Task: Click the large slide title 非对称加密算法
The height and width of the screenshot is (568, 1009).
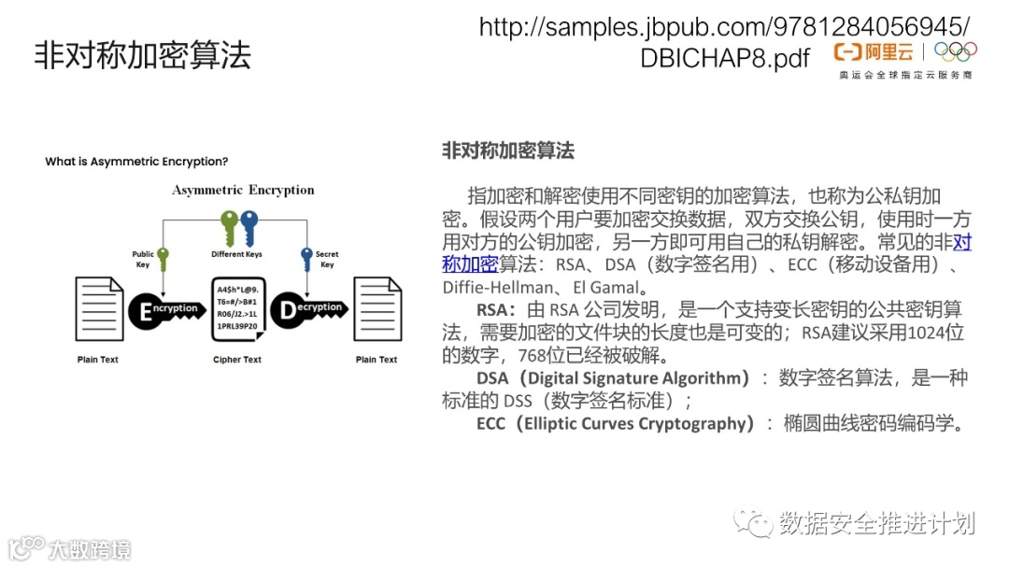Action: (x=143, y=55)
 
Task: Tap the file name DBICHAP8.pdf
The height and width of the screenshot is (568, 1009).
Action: (x=725, y=58)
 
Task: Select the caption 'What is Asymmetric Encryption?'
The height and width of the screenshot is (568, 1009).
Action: (x=136, y=162)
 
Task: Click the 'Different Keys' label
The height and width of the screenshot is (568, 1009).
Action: (x=237, y=254)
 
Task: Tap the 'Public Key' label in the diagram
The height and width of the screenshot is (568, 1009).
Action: (x=143, y=259)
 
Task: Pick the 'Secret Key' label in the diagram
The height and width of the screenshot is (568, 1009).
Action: (x=327, y=259)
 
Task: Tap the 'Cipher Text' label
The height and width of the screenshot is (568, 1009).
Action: (x=238, y=360)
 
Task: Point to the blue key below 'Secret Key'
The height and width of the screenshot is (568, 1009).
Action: (x=306, y=257)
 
